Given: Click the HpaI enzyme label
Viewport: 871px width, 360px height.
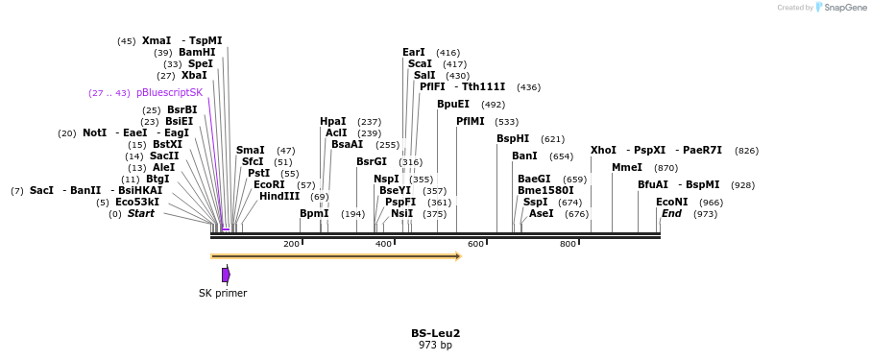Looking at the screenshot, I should point(333,122).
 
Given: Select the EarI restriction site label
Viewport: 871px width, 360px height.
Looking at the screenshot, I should point(414,53).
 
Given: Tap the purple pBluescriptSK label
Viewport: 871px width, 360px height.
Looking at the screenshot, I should point(170,93).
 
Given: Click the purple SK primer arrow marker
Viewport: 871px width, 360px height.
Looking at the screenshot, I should point(226,275).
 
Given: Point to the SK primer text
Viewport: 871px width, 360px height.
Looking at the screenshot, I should point(223,293).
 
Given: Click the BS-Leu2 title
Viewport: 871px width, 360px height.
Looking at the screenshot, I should point(435,333).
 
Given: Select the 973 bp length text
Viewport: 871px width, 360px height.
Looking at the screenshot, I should point(435,345).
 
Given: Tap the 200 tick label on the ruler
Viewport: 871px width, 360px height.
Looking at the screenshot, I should point(291,244).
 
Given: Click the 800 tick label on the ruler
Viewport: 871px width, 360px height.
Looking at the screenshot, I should point(568,244).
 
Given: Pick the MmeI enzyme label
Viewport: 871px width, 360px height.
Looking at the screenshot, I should point(627,168).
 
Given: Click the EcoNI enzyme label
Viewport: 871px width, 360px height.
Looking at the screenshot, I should point(672,202).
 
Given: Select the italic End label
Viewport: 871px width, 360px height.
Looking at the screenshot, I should point(672,213).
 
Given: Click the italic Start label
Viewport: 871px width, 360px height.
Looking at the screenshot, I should point(140,213).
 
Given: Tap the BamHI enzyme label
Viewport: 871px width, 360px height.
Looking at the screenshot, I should point(197,53).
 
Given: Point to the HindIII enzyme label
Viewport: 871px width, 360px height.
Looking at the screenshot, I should point(279,196).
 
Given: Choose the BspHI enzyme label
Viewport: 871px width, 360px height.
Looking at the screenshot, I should point(513,139).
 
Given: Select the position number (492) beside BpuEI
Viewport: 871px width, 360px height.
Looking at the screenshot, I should point(493,105).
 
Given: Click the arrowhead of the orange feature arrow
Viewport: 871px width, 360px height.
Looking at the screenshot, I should point(458,256).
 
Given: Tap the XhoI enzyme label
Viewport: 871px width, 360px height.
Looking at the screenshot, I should point(604,151).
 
